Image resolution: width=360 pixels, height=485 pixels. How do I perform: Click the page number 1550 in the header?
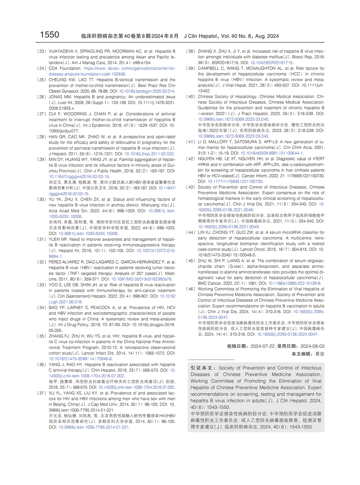(x=49, y=35)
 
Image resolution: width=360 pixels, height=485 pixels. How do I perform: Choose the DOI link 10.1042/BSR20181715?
(x=271, y=63)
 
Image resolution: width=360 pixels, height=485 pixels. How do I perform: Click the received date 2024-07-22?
(x=263, y=346)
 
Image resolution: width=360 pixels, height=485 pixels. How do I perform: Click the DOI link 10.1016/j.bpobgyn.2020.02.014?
(x=146, y=91)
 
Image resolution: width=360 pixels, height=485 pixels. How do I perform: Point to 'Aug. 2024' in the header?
(x=267, y=36)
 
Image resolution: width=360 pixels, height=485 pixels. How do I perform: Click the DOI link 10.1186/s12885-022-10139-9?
(x=294, y=284)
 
